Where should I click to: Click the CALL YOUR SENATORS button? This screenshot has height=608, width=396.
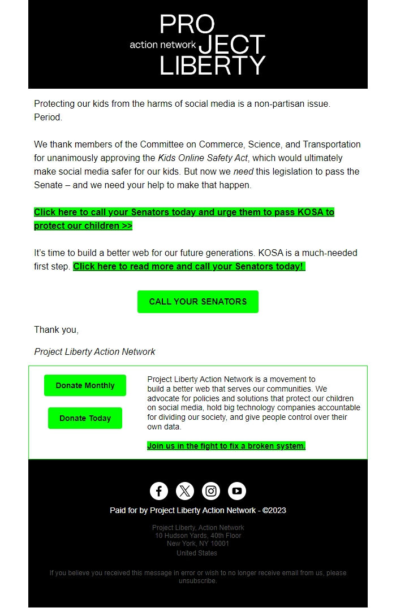(197, 302)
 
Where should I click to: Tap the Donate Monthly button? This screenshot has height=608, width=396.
(85, 385)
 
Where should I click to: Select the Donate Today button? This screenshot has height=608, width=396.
(85, 418)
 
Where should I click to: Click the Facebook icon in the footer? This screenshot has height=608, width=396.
(159, 491)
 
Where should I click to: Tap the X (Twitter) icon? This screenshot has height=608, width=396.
(185, 491)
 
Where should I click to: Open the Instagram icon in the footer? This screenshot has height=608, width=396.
(211, 491)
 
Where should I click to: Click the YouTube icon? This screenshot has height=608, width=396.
(237, 491)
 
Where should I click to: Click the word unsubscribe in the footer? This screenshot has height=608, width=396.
(197, 580)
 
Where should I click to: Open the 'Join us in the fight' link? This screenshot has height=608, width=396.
(226, 446)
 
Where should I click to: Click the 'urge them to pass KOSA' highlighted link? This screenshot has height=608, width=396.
(184, 212)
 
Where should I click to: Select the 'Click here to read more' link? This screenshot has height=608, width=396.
(189, 266)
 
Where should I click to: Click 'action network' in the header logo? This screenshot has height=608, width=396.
(162, 45)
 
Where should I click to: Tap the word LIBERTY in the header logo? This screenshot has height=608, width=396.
(212, 66)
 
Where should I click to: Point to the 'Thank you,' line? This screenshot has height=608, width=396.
(56, 329)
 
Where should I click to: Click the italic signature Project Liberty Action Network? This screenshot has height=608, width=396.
(94, 351)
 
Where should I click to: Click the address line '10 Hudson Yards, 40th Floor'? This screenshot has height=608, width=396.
(198, 536)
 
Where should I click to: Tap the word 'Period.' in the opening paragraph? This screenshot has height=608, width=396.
(48, 117)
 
